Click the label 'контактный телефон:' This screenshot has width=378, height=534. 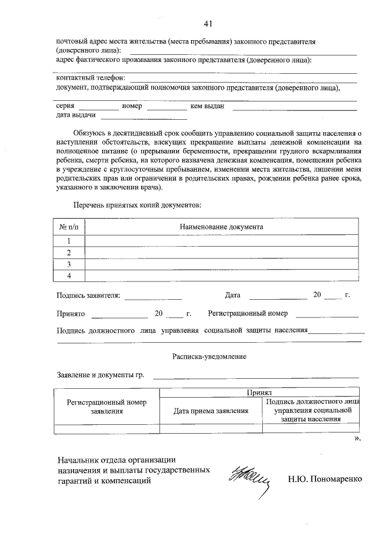pos(90,78)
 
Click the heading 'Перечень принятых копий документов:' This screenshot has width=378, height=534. pos(137,205)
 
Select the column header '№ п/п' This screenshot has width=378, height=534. pos(69,227)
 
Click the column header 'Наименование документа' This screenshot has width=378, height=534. pos(221,227)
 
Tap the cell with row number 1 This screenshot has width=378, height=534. pos(69,241)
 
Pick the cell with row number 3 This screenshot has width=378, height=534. pos(69,264)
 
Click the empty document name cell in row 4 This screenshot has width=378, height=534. pos(221,276)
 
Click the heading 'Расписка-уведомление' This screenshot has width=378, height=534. pos(209,357)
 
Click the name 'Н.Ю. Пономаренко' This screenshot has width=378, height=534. pos(324,479)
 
